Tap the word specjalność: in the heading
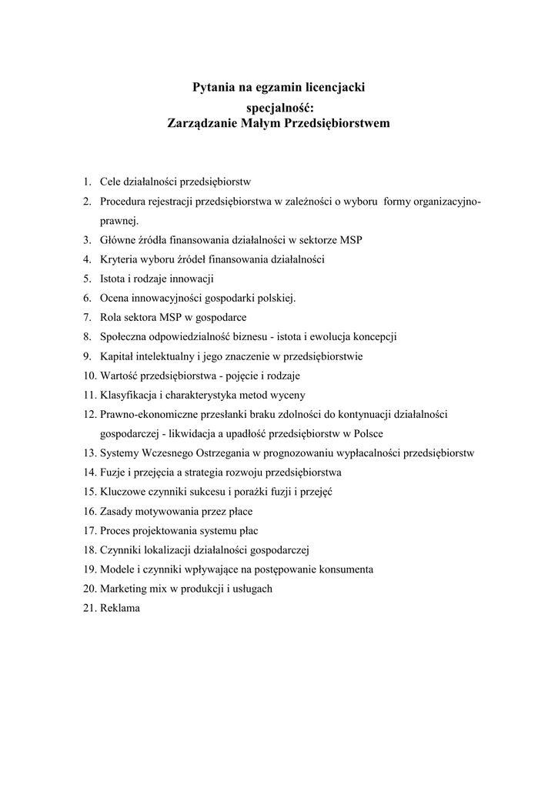pos(279,107)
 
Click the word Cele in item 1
pos(111,182)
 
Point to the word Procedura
pos(125,202)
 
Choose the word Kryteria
pos(119,259)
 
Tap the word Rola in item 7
pos(111,317)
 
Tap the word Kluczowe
pos(122,492)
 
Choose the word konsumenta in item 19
pos(347,569)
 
